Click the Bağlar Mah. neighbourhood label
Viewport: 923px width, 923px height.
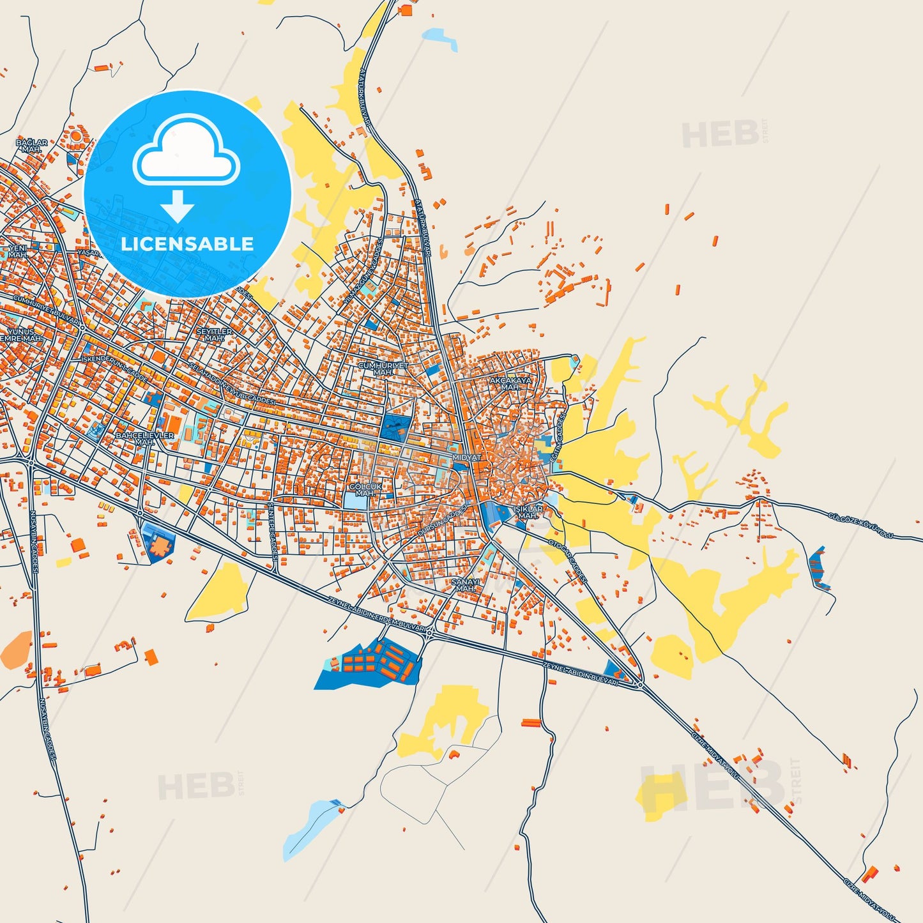click(31, 146)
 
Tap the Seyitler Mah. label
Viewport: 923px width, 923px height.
click(214, 335)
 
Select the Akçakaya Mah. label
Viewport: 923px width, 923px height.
click(510, 383)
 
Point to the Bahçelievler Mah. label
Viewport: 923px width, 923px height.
click(144, 438)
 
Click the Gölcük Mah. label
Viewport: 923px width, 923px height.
click(365, 490)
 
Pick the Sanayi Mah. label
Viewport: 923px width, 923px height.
click(465, 585)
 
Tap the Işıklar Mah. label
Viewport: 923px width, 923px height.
click(528, 512)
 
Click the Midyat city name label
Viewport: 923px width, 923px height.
click(466, 458)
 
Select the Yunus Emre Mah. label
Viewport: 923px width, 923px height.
click(22, 335)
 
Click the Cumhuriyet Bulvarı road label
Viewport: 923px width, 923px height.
click(47, 309)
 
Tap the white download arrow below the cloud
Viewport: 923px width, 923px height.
click(178, 206)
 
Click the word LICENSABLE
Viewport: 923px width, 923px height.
click(187, 244)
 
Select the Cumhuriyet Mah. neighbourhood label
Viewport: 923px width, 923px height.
click(383, 369)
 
